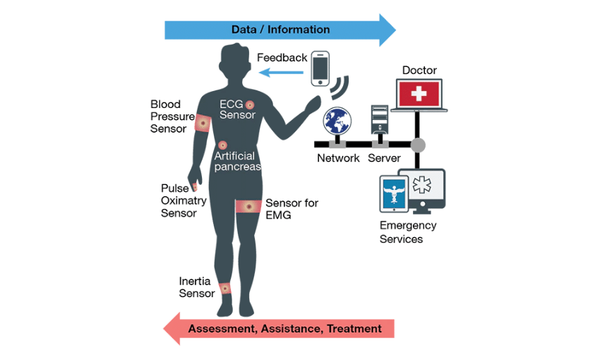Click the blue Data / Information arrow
(x=280, y=30)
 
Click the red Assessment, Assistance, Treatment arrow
(x=278, y=329)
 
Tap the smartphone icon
(x=321, y=68)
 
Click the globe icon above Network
(x=337, y=122)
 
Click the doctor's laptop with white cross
(x=419, y=94)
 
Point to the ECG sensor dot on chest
(x=250, y=104)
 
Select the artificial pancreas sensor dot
(x=223, y=145)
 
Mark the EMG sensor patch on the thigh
(x=248, y=205)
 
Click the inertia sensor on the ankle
(x=224, y=288)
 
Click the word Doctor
(x=419, y=70)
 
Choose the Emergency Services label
(x=408, y=232)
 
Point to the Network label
(x=338, y=158)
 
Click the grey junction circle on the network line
(x=419, y=145)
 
